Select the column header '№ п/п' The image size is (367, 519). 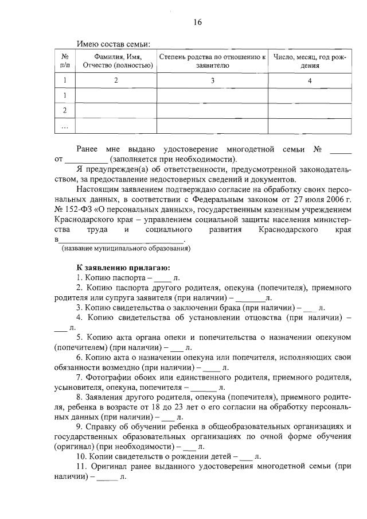pos(65,61)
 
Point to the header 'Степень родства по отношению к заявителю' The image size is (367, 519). pos(212,61)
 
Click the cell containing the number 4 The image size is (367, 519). pos(310,80)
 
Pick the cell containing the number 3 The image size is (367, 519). pos(212,80)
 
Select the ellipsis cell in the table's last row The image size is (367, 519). pos(65,125)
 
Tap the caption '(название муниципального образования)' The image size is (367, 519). pos(126,249)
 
